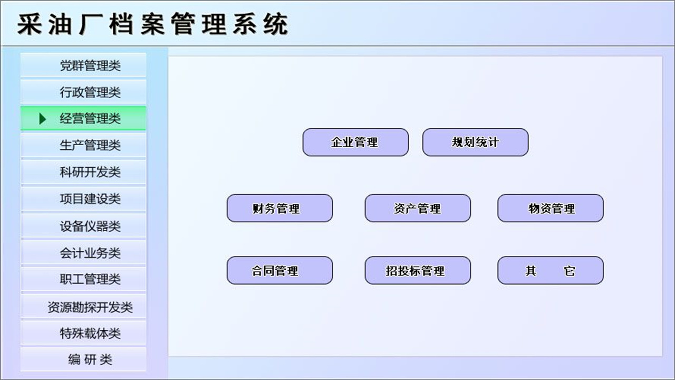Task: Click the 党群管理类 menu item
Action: [83, 65]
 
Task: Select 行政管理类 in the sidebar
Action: [83, 92]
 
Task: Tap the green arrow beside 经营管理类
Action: [43, 119]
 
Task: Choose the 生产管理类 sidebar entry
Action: [83, 145]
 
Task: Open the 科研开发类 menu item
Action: [83, 172]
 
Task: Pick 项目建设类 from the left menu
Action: [83, 199]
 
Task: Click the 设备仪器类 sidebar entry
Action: [83, 226]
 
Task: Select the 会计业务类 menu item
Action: [83, 253]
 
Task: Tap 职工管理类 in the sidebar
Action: [83, 279]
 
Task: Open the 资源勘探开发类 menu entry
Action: [83, 307]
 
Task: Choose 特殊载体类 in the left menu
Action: [83, 334]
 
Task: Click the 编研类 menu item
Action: [83, 360]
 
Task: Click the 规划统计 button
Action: [475, 142]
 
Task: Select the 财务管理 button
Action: [279, 208]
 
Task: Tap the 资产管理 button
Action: [418, 208]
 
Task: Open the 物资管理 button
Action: [551, 208]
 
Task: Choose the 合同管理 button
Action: [279, 271]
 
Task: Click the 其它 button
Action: [551, 271]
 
